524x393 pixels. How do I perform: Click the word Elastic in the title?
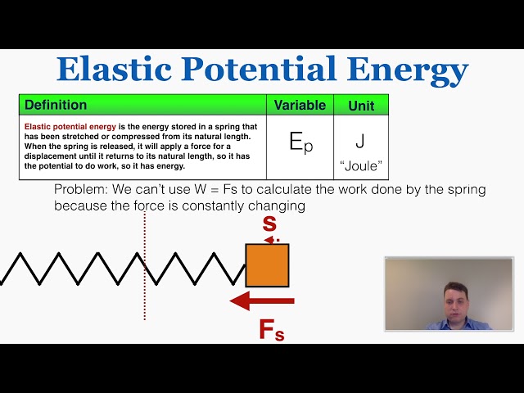click(112, 70)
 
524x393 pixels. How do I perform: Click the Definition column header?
click(56, 105)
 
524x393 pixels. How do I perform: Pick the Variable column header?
click(300, 105)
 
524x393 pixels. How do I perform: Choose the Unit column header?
click(360, 105)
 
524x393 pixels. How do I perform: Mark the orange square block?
click(267, 264)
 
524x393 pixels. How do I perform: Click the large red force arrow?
click(262, 302)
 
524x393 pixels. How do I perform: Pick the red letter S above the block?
click(269, 223)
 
